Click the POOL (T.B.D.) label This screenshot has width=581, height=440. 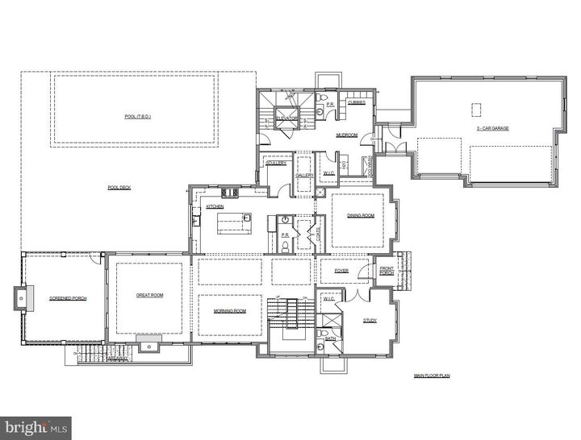138,117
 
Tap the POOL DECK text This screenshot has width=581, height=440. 119,188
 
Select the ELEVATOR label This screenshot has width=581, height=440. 287,118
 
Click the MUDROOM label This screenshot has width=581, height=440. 347,135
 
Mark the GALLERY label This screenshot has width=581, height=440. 304,175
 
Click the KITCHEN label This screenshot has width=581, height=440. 215,207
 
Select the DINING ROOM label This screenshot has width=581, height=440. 361,215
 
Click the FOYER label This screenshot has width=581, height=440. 341,271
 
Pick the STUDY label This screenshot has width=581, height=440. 370,320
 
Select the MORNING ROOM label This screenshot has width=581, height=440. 229,311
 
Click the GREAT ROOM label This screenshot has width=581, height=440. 150,295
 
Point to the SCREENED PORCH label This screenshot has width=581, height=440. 68,298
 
